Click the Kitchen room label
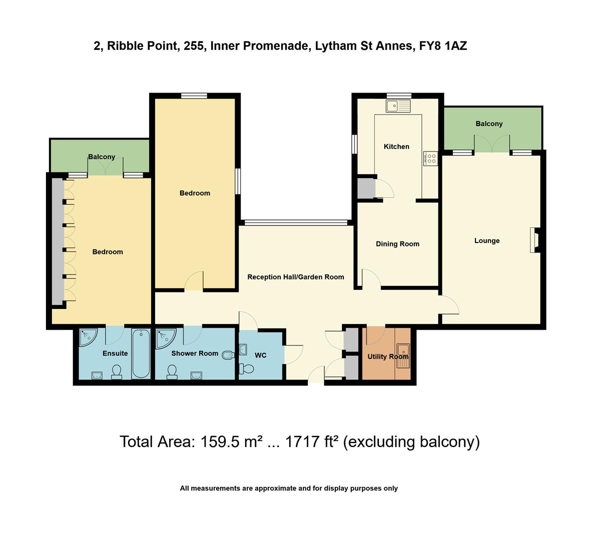tap(396, 146)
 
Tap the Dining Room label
tap(397, 244)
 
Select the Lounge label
tap(487, 240)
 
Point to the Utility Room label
tap(388, 356)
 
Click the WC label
tap(260, 355)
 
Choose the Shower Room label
tap(195, 353)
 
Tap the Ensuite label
tap(115, 353)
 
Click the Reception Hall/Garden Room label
tap(296, 276)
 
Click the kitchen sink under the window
tap(398, 105)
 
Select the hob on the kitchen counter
tap(430, 158)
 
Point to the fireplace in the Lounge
tap(535, 240)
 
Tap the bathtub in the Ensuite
tap(141, 353)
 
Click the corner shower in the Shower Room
tap(164, 338)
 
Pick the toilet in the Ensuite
tap(117, 371)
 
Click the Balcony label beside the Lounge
tap(489, 123)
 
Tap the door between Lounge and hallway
tap(448, 305)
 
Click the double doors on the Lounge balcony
tap(492, 145)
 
